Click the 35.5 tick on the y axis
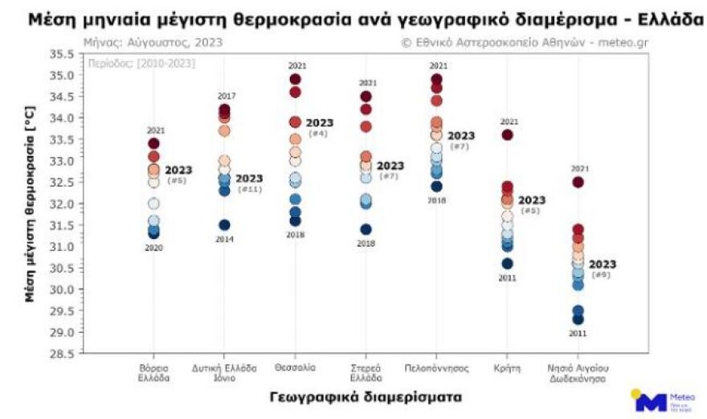(63, 54)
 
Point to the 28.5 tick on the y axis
(63, 353)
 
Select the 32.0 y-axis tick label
(63, 203)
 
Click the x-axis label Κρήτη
(507, 368)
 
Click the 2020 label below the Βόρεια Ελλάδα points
(153, 248)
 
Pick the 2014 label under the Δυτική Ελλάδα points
(224, 240)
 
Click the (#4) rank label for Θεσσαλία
(318, 134)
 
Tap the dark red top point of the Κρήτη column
(507, 134)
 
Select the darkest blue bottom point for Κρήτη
(507, 263)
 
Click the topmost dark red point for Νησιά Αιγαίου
(578, 182)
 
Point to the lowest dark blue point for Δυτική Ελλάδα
(224, 225)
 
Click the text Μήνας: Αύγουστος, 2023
(153, 42)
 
